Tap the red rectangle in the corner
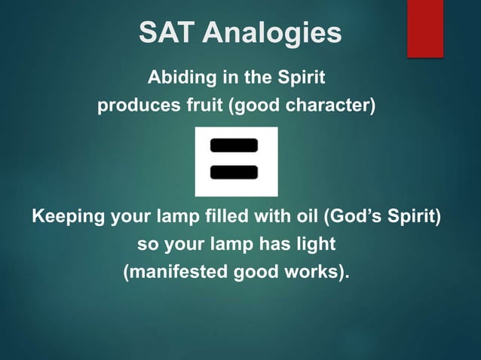(x=425, y=29)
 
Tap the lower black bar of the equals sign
(x=234, y=172)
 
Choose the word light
(x=316, y=245)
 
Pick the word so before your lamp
(x=146, y=245)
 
